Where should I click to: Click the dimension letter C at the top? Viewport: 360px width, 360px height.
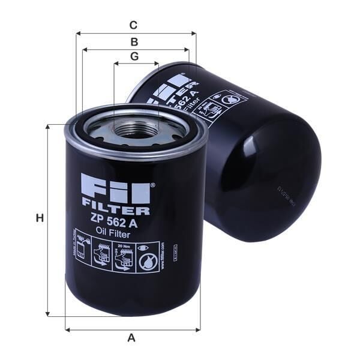(x=133, y=25)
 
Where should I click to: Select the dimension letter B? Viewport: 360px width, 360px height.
(x=134, y=41)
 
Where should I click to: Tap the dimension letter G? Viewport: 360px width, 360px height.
(x=134, y=56)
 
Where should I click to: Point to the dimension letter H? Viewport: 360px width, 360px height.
(x=40, y=218)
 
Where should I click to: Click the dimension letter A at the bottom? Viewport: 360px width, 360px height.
(x=131, y=337)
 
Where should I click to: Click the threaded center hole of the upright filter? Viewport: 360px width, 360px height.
(x=136, y=128)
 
